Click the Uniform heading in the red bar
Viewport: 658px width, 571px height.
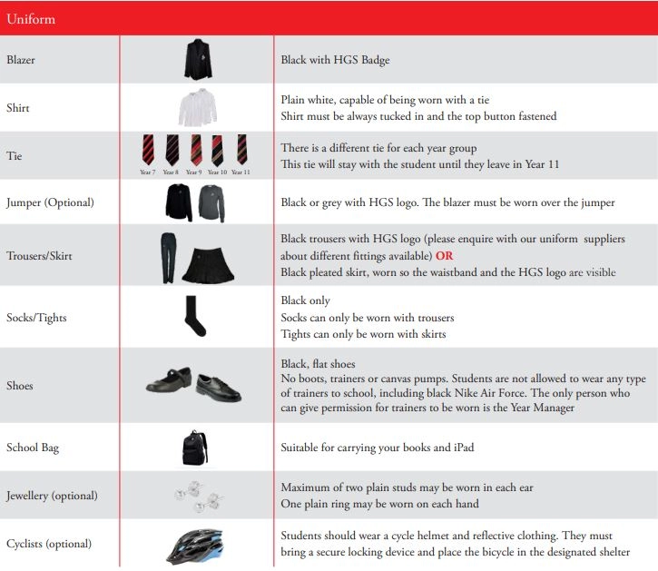pyautogui.click(x=32, y=18)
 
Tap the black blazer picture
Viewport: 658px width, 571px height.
pyautogui.click(x=196, y=60)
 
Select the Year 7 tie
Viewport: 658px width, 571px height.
pyautogui.click(x=148, y=149)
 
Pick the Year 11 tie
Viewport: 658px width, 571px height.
pyautogui.click(x=241, y=149)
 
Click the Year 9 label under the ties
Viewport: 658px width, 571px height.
pyautogui.click(x=194, y=172)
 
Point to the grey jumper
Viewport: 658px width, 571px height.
pyautogui.click(x=211, y=202)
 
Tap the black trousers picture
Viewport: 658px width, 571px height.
pyautogui.click(x=168, y=254)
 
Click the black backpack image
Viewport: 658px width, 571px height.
pyautogui.click(x=195, y=448)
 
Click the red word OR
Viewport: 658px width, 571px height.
pyautogui.click(x=444, y=256)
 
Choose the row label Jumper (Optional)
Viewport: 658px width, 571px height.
pyautogui.click(x=50, y=202)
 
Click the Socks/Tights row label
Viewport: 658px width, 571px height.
pyautogui.click(x=36, y=318)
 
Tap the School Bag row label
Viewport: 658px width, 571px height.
pyautogui.click(x=33, y=448)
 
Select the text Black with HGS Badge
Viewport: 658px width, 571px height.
pyautogui.click(x=336, y=60)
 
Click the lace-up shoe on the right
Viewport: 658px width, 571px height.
pyautogui.click(x=219, y=387)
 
